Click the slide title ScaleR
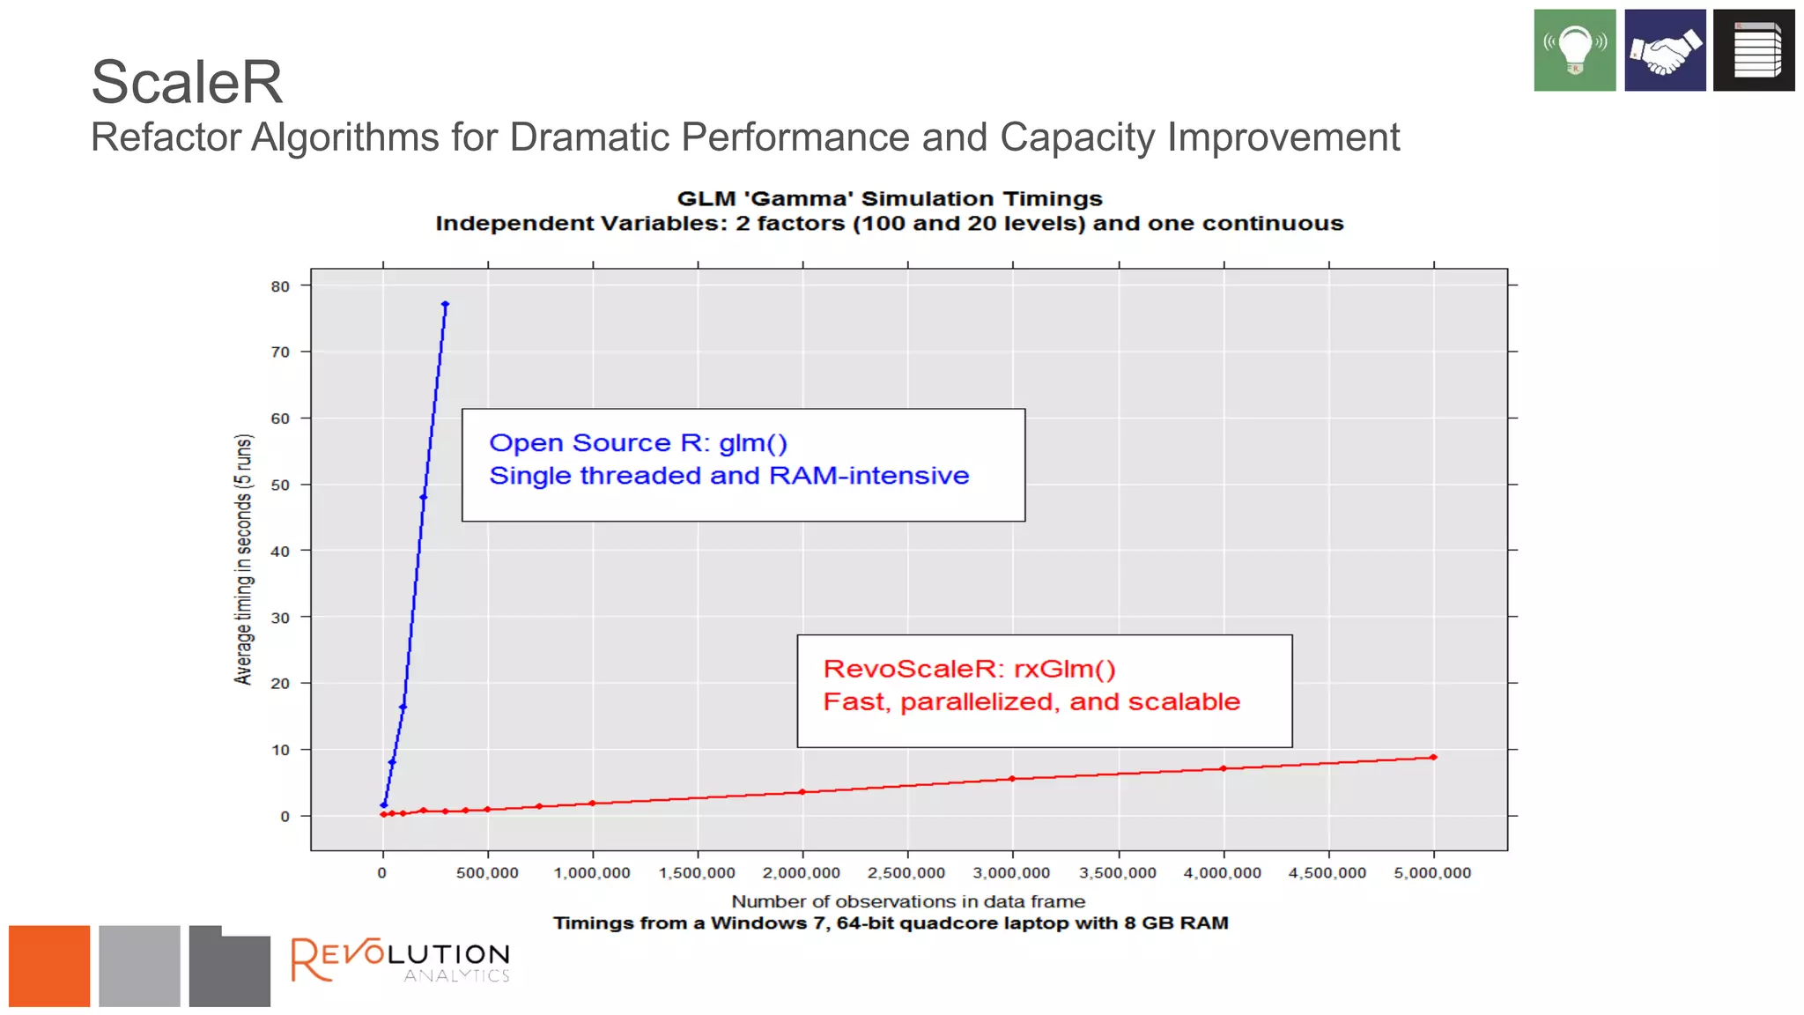[187, 82]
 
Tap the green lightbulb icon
[1574, 50]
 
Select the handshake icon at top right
[1664, 50]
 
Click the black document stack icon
[1753, 50]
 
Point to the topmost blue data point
[445, 305]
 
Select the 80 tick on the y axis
[280, 286]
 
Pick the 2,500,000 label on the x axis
[906, 873]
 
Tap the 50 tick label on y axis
[280, 485]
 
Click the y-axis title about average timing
[243, 559]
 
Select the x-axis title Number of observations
[908, 901]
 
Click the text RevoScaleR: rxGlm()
[969, 669]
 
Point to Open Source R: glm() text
[638, 443]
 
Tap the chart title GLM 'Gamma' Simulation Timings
[890, 199]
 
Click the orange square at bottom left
[49, 966]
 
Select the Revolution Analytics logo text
[401, 960]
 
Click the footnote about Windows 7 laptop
[891, 923]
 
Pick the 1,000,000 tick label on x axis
[592, 873]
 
